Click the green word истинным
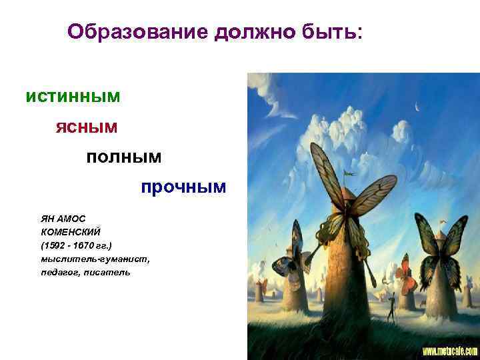point(73,97)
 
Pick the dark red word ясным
point(86,127)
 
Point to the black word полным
point(124,157)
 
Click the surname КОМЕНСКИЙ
point(70,230)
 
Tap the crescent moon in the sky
point(417,107)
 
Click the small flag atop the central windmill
point(347,173)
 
